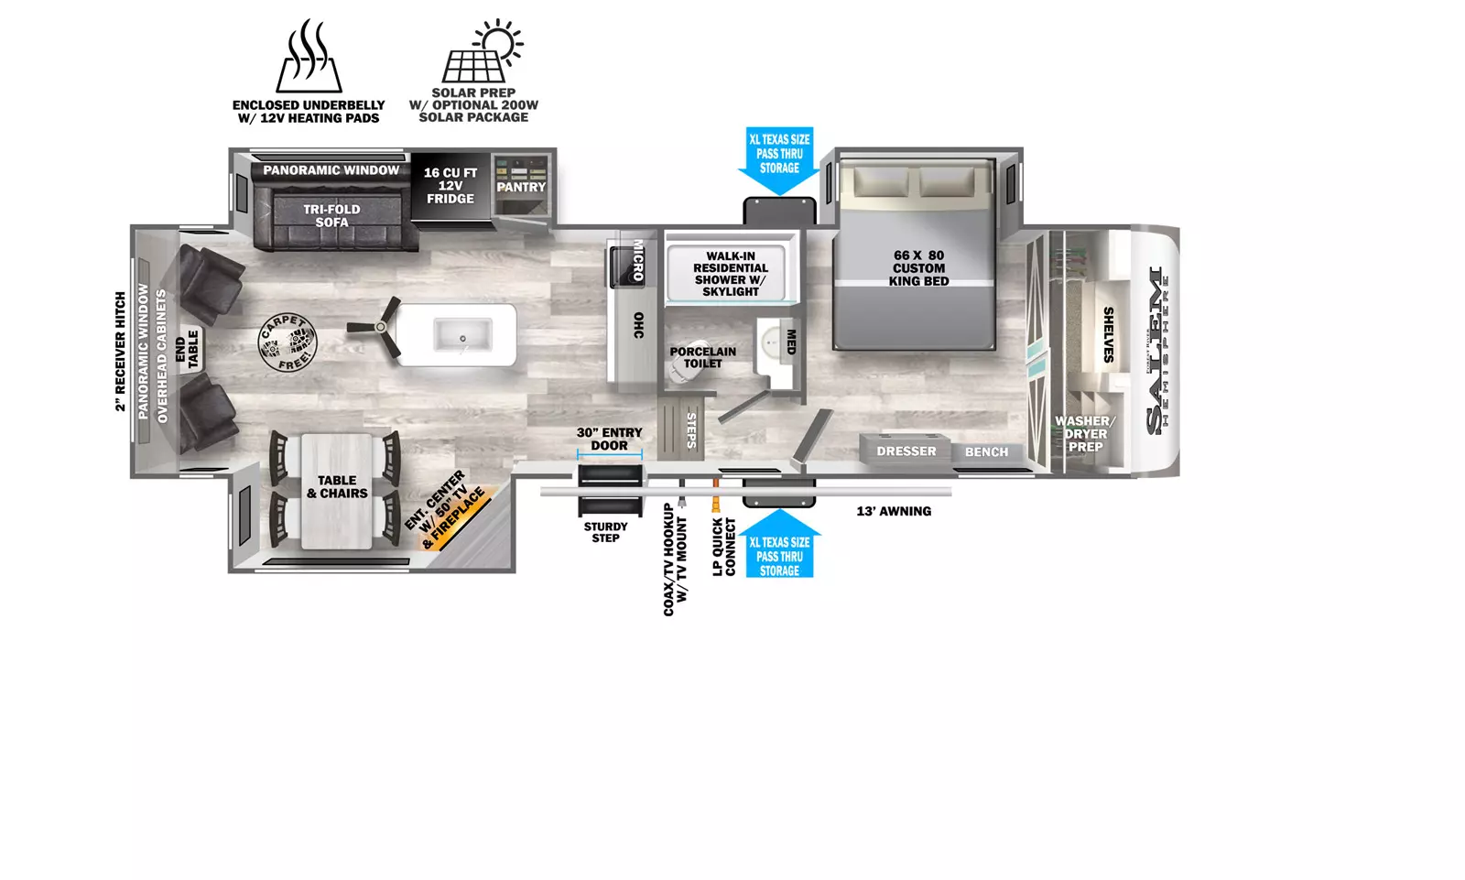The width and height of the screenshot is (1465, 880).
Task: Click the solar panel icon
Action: tap(482, 51)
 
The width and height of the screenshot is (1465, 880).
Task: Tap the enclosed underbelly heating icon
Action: tap(309, 56)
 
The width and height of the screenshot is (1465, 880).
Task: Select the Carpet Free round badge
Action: tap(288, 342)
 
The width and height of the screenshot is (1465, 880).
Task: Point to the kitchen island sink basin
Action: tap(462, 335)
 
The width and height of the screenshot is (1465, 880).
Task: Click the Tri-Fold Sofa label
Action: tap(331, 215)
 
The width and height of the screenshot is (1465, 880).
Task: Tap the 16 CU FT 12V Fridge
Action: tap(450, 187)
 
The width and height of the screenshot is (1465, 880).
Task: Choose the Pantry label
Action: tap(521, 187)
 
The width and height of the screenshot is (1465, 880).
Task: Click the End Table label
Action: tap(187, 350)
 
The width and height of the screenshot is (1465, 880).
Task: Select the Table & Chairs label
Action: tap(338, 487)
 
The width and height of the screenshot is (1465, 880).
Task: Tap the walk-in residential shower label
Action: tap(731, 274)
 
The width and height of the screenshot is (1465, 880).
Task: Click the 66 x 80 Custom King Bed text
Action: tap(918, 268)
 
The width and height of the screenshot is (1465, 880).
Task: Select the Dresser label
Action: tap(906, 451)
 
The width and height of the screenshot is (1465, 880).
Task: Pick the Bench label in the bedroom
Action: tap(986, 452)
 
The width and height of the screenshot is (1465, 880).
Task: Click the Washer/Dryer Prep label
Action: tap(1086, 434)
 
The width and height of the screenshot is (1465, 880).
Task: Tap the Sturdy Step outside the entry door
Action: tap(610, 489)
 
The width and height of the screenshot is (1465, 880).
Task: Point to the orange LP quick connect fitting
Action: tap(715, 494)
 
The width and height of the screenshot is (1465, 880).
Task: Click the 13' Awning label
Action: tap(894, 511)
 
